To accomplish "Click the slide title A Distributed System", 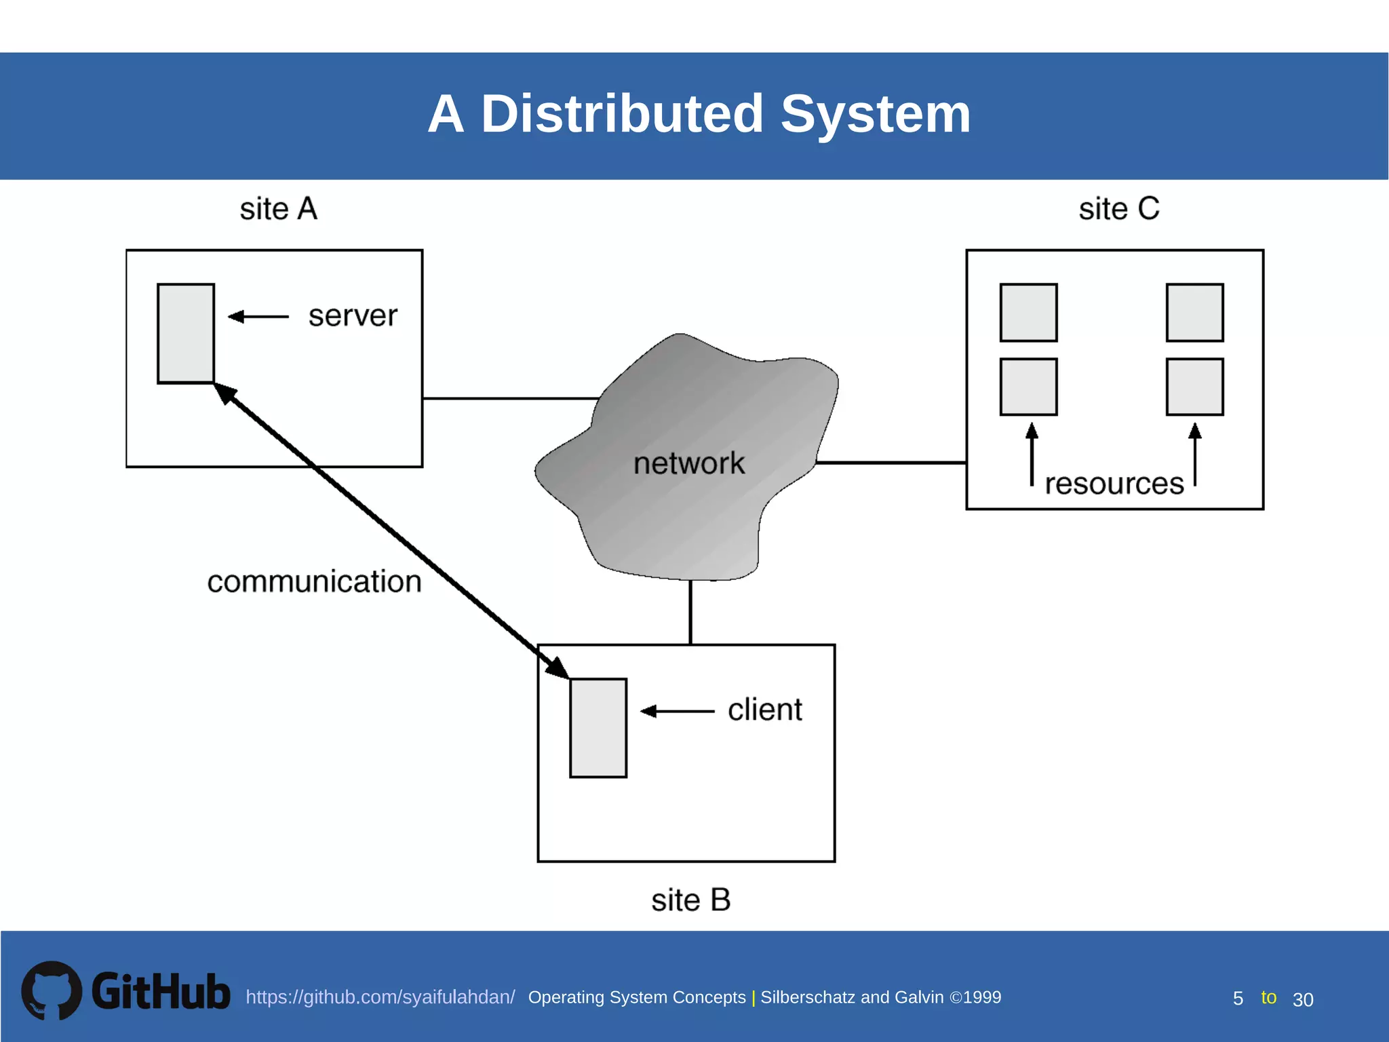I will tap(699, 114).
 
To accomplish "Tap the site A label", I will tap(278, 209).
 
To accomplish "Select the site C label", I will tap(1119, 209).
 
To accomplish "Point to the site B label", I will tap(690, 900).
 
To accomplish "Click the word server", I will tap(353, 316).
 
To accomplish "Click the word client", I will tap(764, 710).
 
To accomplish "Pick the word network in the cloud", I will tap(689, 464).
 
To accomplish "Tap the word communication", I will tap(314, 582).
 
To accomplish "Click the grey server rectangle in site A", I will tap(186, 334).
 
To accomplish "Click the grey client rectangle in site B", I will tap(598, 728).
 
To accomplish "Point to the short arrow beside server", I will tap(258, 316).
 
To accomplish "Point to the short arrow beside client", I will tap(677, 711).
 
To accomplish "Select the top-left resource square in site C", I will tap(1028, 313).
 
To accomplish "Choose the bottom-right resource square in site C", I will tap(1194, 387).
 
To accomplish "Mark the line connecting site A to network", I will tap(509, 398).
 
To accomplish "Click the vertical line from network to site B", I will tap(690, 612).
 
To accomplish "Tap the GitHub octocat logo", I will tap(52, 990).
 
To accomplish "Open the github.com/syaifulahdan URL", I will tap(380, 997).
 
